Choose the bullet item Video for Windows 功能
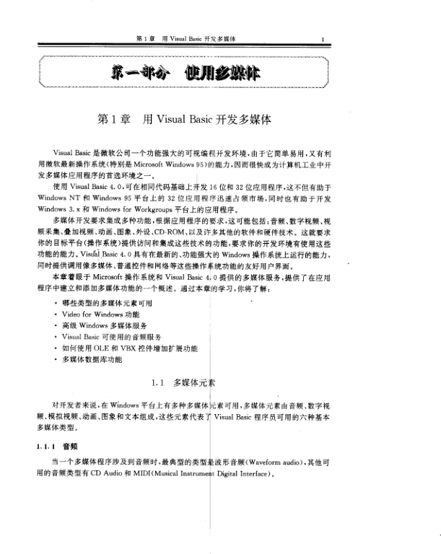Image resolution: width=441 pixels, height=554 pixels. pyautogui.click(x=100, y=315)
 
